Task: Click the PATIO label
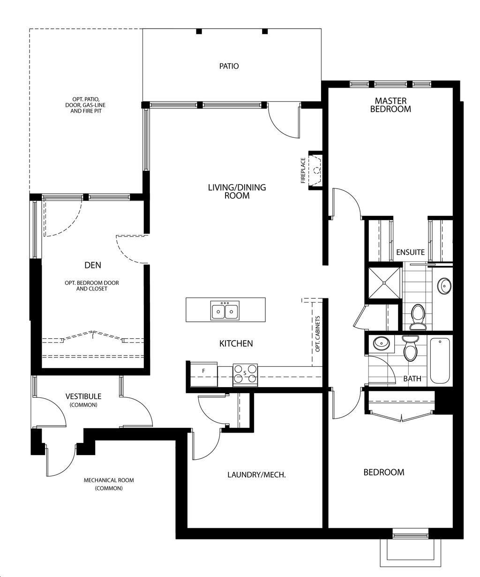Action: pyautogui.click(x=229, y=66)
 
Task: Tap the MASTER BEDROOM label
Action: pyautogui.click(x=390, y=105)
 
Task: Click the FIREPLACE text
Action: pyautogui.click(x=303, y=170)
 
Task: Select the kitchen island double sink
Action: pyautogui.click(x=225, y=311)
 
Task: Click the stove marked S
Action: pyautogui.click(x=245, y=375)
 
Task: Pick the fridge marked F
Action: pyautogui.click(x=204, y=374)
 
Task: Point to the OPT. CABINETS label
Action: pyautogui.click(x=317, y=334)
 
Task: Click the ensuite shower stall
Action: pyautogui.click(x=384, y=283)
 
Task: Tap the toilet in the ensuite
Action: pyautogui.click(x=418, y=317)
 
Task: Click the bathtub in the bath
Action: pyautogui.click(x=440, y=361)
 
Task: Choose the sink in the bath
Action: pyautogui.click(x=382, y=343)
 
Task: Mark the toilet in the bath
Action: pyautogui.click(x=411, y=349)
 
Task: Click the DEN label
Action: pyautogui.click(x=93, y=266)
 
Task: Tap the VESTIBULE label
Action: pyautogui.click(x=83, y=396)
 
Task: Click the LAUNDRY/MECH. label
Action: pyautogui.click(x=256, y=475)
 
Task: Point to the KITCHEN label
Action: pyautogui.click(x=236, y=343)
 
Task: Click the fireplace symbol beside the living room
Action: pyautogui.click(x=315, y=170)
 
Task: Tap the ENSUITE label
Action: pyautogui.click(x=411, y=252)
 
